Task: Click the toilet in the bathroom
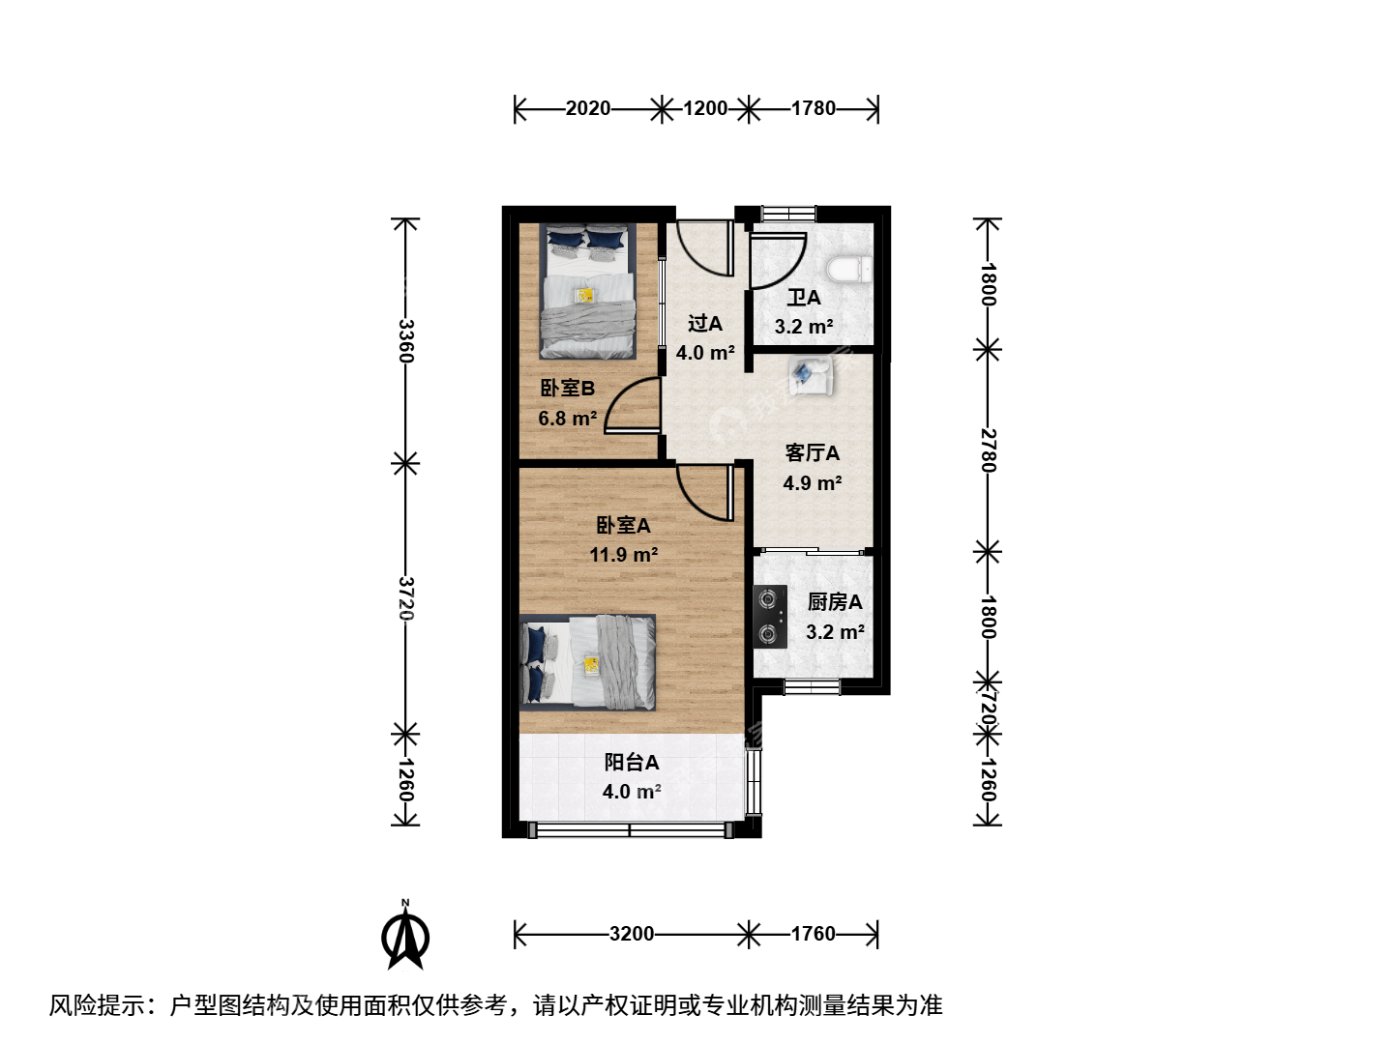[x=849, y=270]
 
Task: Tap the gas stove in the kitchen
[x=770, y=616]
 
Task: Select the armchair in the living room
[x=811, y=375]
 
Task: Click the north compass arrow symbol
[x=405, y=936]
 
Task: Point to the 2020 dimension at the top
[x=587, y=108]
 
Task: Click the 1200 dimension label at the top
[x=705, y=108]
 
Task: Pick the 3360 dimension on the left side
[x=405, y=341]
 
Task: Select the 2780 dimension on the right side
[x=988, y=450]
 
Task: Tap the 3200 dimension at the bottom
[x=632, y=934]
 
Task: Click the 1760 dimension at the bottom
[x=813, y=934]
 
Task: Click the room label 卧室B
[x=567, y=388]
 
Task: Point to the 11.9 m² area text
[x=623, y=555]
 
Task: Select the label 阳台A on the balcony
[x=632, y=762]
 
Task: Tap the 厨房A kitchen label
[x=835, y=601]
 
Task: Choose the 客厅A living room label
[x=813, y=452]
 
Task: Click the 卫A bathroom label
[x=804, y=298]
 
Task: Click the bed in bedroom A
[x=587, y=662]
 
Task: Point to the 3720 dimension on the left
[x=405, y=599]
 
